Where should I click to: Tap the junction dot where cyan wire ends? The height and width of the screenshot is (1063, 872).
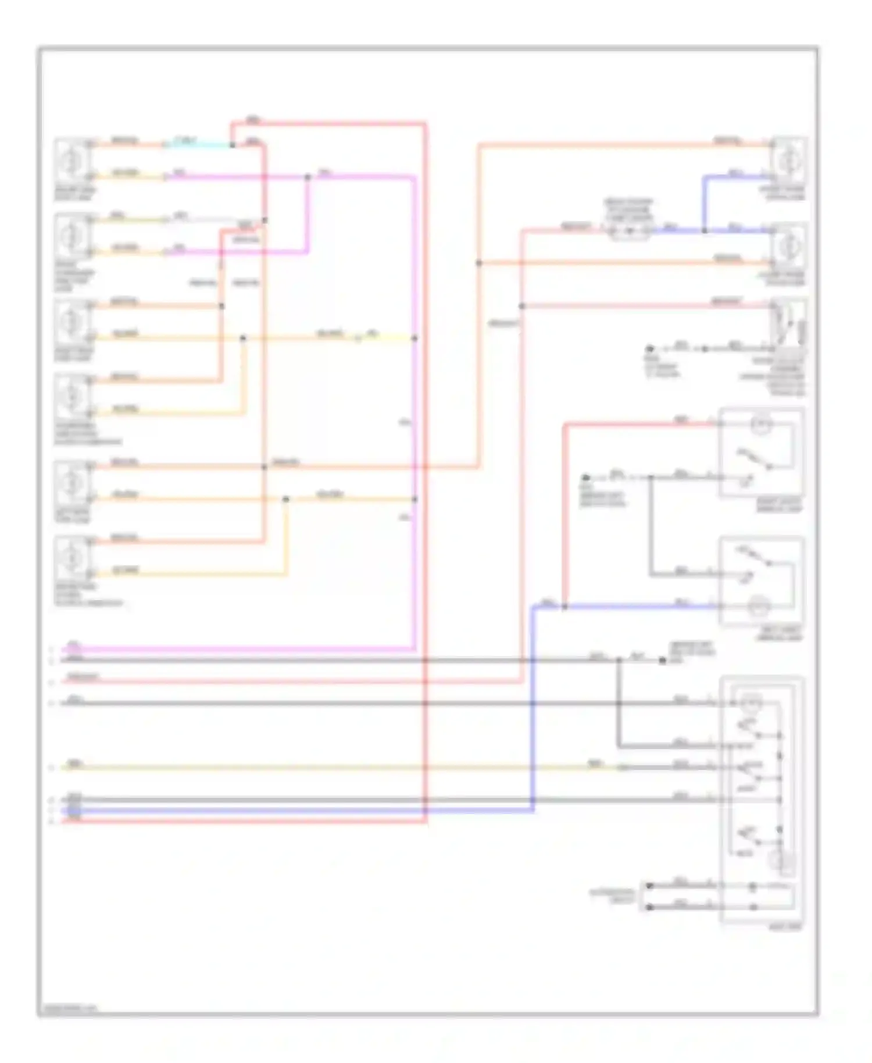tap(232, 145)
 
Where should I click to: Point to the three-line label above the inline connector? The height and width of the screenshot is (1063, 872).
tap(629, 209)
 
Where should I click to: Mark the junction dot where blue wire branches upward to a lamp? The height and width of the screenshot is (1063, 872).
tap(705, 231)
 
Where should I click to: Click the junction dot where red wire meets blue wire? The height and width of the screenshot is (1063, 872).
tap(564, 607)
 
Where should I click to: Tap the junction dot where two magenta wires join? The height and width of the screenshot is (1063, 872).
tap(308, 177)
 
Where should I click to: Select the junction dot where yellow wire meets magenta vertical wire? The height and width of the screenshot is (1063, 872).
tap(414, 338)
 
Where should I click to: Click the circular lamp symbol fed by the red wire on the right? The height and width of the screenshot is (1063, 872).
tap(760, 425)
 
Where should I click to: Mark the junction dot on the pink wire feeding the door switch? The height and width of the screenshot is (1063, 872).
tap(522, 306)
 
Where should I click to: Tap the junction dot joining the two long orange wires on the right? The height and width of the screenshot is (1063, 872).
tap(479, 263)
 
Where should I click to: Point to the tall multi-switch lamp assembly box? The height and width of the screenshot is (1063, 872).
tap(762, 800)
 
